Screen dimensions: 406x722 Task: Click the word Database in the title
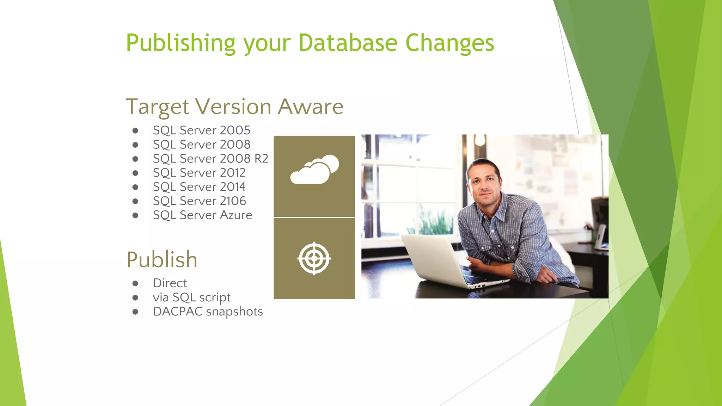point(348,43)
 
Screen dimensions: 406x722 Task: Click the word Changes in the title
point(449,43)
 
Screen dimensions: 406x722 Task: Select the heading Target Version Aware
point(234,106)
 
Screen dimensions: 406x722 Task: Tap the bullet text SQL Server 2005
point(201,130)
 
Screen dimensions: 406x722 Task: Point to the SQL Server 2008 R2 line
point(210,159)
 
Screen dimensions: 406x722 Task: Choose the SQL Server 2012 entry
point(199,173)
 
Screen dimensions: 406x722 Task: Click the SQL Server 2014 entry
point(199,187)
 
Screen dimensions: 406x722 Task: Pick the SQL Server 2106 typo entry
point(199,201)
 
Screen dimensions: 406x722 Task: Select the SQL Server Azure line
point(202,215)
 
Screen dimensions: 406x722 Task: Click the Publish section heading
point(162,260)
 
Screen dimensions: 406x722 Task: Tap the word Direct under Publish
point(170,283)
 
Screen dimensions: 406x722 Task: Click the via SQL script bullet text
point(191,297)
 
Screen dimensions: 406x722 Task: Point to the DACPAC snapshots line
point(208,312)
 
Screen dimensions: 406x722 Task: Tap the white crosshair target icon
point(314,258)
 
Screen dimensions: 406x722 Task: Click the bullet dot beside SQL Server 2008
point(135,145)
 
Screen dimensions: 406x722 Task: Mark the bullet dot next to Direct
point(135,283)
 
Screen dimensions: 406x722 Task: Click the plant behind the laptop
point(432,222)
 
